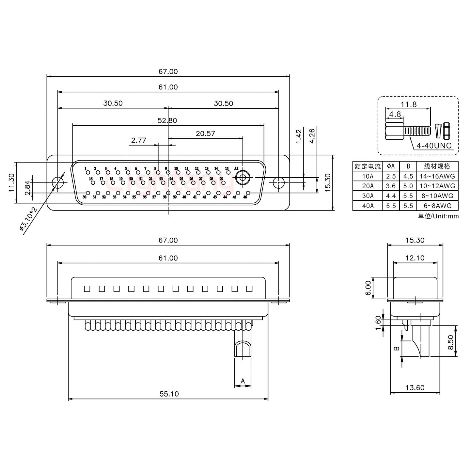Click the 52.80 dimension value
[x=167, y=120]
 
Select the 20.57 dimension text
[x=205, y=133]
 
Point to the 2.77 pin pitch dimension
[x=138, y=141]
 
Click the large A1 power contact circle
[x=243, y=178]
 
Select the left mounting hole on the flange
[x=58, y=183]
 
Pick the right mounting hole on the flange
[x=278, y=183]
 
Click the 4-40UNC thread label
[x=434, y=146]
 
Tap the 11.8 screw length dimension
[x=409, y=104]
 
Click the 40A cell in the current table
[x=368, y=206]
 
